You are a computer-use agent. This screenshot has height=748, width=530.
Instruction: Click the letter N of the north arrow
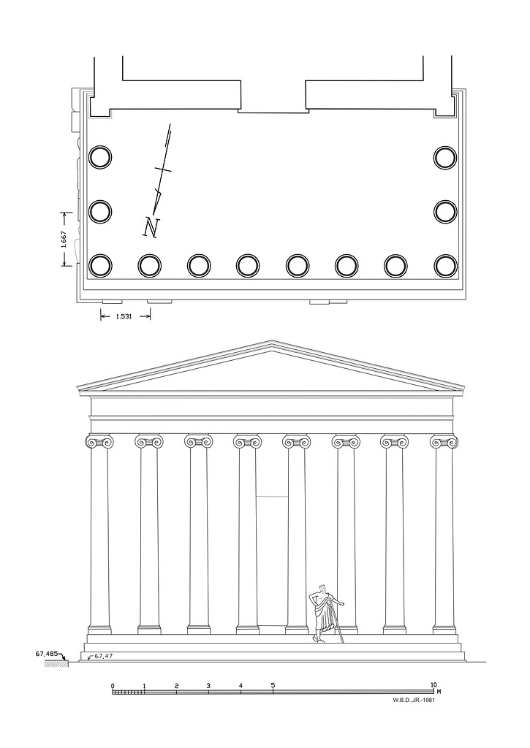152,227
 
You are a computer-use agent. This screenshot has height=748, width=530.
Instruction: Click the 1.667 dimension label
64,240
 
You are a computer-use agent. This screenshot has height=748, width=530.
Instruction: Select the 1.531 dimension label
124,316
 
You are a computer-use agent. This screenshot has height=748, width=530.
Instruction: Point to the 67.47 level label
102,657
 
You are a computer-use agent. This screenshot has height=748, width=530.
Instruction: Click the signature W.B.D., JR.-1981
414,701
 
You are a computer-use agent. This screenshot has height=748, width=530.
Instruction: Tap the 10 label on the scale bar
433,685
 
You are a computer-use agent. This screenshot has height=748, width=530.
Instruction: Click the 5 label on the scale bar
273,685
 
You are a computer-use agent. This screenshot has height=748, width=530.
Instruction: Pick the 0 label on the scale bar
113,686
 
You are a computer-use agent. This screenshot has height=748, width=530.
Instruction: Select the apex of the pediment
272,341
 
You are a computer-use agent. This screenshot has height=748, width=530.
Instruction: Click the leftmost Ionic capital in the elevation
99,442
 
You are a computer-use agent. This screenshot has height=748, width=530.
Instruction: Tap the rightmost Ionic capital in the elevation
444,442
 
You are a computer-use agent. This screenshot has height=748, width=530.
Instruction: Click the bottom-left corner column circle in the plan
100,266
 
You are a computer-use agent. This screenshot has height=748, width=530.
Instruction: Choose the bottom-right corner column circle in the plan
445,266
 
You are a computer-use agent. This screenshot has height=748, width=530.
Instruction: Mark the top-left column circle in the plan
100,158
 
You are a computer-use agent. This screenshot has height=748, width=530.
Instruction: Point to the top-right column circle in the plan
445,158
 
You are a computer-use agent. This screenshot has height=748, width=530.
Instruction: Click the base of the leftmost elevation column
99,630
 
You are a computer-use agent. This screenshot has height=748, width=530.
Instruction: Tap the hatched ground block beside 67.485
56,663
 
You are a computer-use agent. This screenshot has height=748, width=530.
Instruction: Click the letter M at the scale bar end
439,690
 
